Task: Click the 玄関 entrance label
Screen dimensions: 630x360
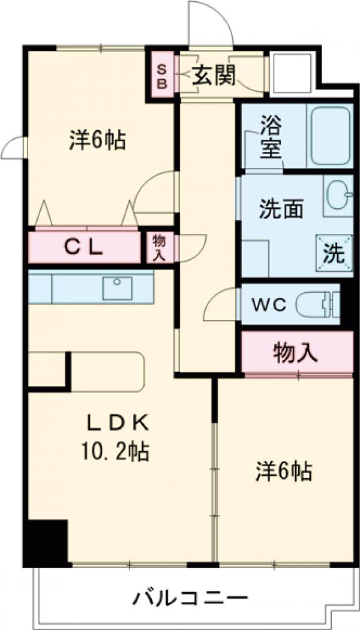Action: coord(214,76)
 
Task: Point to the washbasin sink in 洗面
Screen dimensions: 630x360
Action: coord(339,194)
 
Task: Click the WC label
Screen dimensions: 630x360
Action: coord(268,305)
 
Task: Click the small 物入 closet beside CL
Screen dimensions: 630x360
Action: coord(160,247)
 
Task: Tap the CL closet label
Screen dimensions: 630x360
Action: coord(85,246)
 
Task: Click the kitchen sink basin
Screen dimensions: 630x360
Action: coord(117,288)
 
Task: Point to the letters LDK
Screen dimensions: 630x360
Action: coord(117,424)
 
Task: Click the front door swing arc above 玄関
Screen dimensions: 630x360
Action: coord(210,24)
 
